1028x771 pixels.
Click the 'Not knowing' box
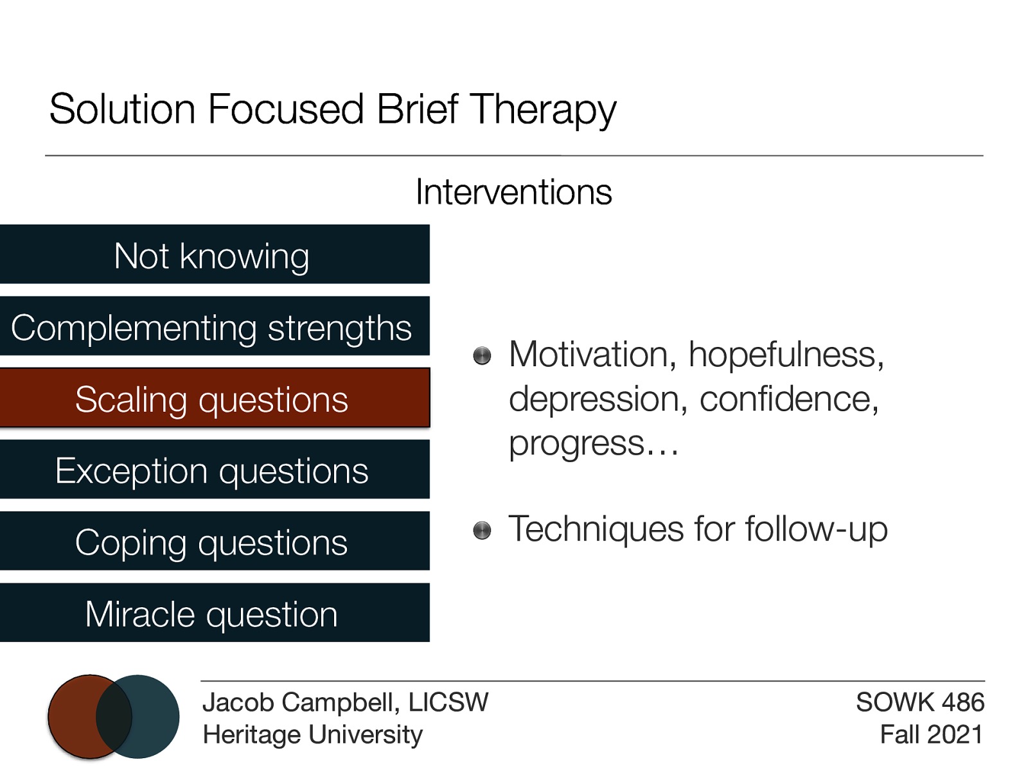click(212, 254)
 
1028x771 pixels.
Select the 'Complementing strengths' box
click(212, 326)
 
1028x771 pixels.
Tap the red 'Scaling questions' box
click(212, 398)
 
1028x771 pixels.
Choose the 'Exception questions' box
click(212, 470)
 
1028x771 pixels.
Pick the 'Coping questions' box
click(212, 542)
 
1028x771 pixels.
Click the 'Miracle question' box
click(212, 613)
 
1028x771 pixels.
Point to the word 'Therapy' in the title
click(543, 109)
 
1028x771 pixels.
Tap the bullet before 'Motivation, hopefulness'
click(482, 355)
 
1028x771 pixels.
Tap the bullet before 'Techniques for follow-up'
click(482, 530)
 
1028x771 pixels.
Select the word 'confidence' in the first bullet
click(788, 399)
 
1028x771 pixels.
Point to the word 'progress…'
click(593, 443)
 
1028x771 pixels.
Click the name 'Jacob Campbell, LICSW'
click(345, 702)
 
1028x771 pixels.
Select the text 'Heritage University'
click(312, 734)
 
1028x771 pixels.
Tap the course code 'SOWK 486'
click(919, 702)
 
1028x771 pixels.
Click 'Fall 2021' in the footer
click(931, 734)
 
